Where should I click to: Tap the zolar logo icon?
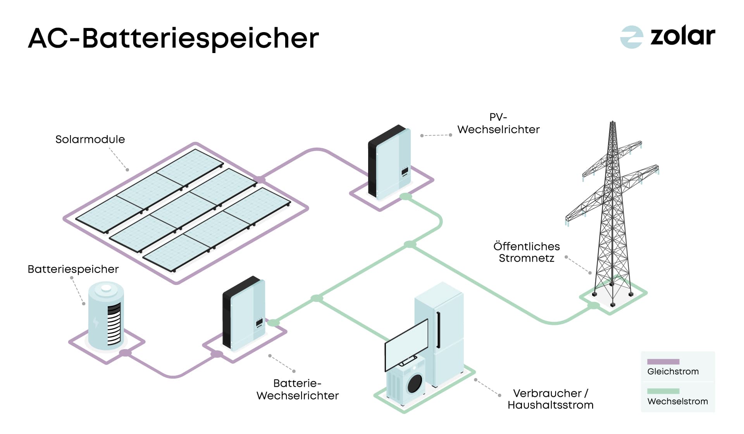point(631,37)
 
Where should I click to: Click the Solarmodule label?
point(90,139)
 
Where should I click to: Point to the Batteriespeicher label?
point(73,269)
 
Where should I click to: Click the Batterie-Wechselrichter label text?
point(298,389)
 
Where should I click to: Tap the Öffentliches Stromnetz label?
point(526,252)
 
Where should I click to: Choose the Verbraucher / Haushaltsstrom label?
point(550,399)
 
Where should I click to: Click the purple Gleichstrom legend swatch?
point(663,362)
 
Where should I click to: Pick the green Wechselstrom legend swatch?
point(663,391)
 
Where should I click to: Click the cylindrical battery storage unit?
point(106,316)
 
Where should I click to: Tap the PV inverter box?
point(389,163)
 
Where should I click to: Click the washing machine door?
point(415,383)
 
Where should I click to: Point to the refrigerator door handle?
point(438,329)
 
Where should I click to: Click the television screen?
point(406,344)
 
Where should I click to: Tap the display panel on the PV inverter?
point(405,171)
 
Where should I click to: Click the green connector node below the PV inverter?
point(406,197)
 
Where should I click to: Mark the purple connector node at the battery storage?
point(125,353)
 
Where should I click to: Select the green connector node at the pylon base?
point(593,306)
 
